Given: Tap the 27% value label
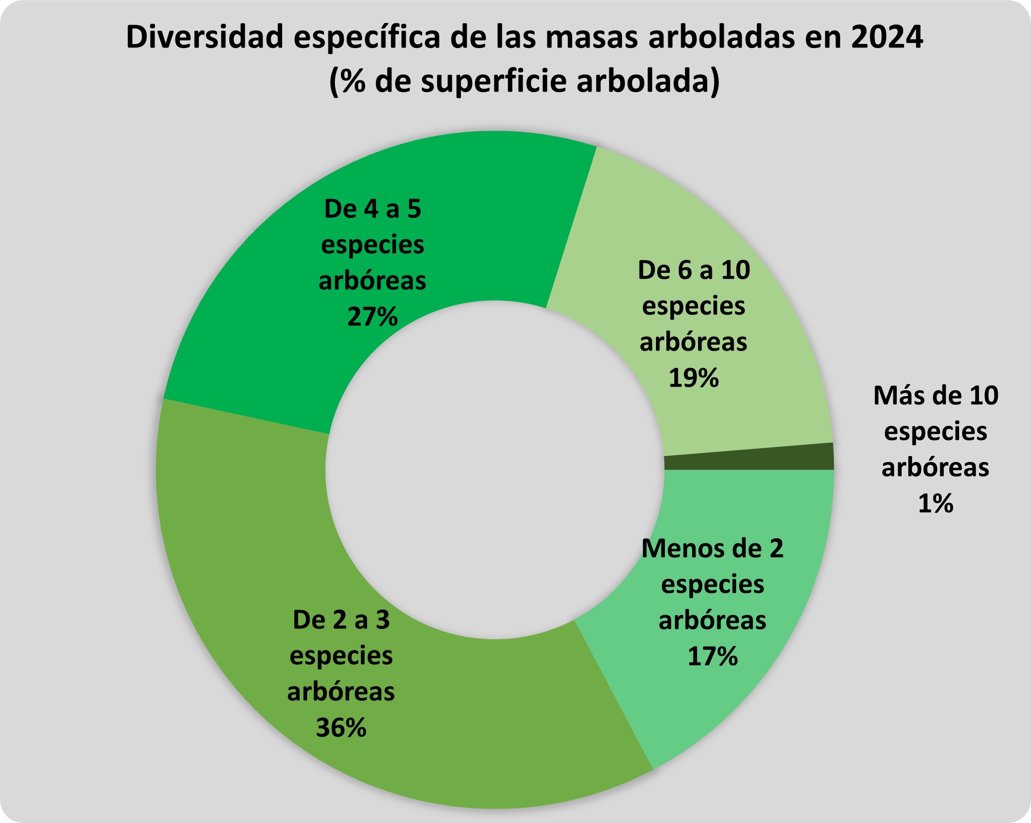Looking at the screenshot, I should pyautogui.click(x=373, y=317).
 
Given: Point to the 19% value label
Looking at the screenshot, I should pyautogui.click(x=694, y=378).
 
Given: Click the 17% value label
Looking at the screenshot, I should pyautogui.click(x=712, y=657).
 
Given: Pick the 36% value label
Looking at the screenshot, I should pyautogui.click(x=341, y=728).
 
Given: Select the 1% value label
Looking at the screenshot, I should pyautogui.click(x=935, y=504).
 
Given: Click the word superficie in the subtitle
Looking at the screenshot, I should pyautogui.click(x=495, y=81).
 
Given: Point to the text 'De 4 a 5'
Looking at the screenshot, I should pyautogui.click(x=373, y=209).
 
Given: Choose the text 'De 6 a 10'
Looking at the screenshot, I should pyautogui.click(x=694, y=270).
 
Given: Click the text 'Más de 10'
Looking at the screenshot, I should pyautogui.click(x=935, y=396).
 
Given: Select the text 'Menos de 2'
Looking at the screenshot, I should pyautogui.click(x=712, y=549).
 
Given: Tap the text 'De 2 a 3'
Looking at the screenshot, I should pyautogui.click(x=341, y=620).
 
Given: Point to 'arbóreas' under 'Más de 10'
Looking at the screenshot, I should pyautogui.click(x=935, y=468).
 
